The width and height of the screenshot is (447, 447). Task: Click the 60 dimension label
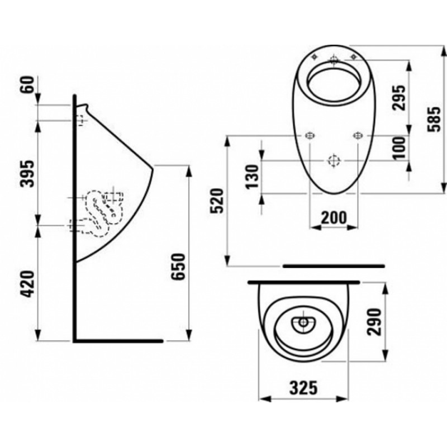tap(28, 84)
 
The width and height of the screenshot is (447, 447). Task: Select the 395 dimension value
tap(28, 174)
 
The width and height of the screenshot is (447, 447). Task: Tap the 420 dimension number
tap(28, 284)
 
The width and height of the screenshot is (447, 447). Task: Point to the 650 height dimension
tap(179, 267)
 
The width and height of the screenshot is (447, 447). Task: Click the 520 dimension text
tap(216, 201)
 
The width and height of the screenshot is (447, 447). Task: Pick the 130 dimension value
tap(253, 177)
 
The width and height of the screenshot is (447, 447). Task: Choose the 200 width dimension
tap(334, 218)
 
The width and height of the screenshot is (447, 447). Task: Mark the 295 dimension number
tap(399, 97)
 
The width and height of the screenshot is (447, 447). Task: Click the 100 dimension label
tap(399, 148)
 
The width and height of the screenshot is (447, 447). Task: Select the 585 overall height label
tap(434, 119)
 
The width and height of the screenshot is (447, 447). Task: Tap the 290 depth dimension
tap(374, 322)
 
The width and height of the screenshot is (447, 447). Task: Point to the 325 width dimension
tap(303, 387)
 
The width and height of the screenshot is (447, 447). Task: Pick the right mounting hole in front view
tap(357, 136)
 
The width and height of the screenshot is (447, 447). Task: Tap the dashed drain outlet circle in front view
tap(334, 161)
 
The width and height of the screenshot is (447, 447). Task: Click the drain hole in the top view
tap(303, 323)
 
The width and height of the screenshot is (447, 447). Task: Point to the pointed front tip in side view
tap(153, 169)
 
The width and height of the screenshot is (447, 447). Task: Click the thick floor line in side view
tap(118, 341)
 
